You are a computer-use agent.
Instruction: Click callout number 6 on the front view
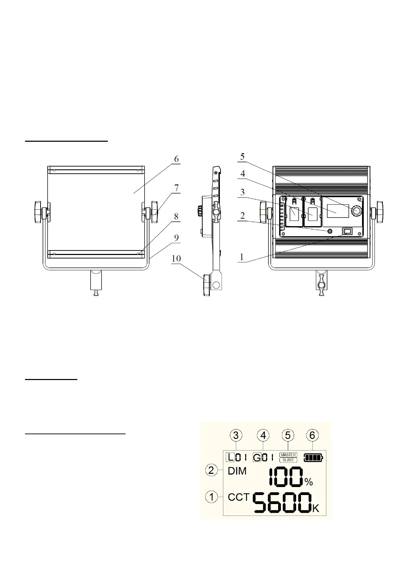[177, 159]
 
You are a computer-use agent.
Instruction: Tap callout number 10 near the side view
[176, 258]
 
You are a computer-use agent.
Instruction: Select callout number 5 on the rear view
[242, 157]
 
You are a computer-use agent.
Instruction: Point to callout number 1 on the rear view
[242, 257]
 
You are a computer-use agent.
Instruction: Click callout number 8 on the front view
[176, 216]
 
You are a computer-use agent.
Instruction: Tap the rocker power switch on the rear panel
[347, 231]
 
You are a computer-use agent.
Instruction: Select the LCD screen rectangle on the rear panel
[338, 211]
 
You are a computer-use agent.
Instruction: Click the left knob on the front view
[38, 212]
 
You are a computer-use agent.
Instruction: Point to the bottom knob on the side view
[207, 285]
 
